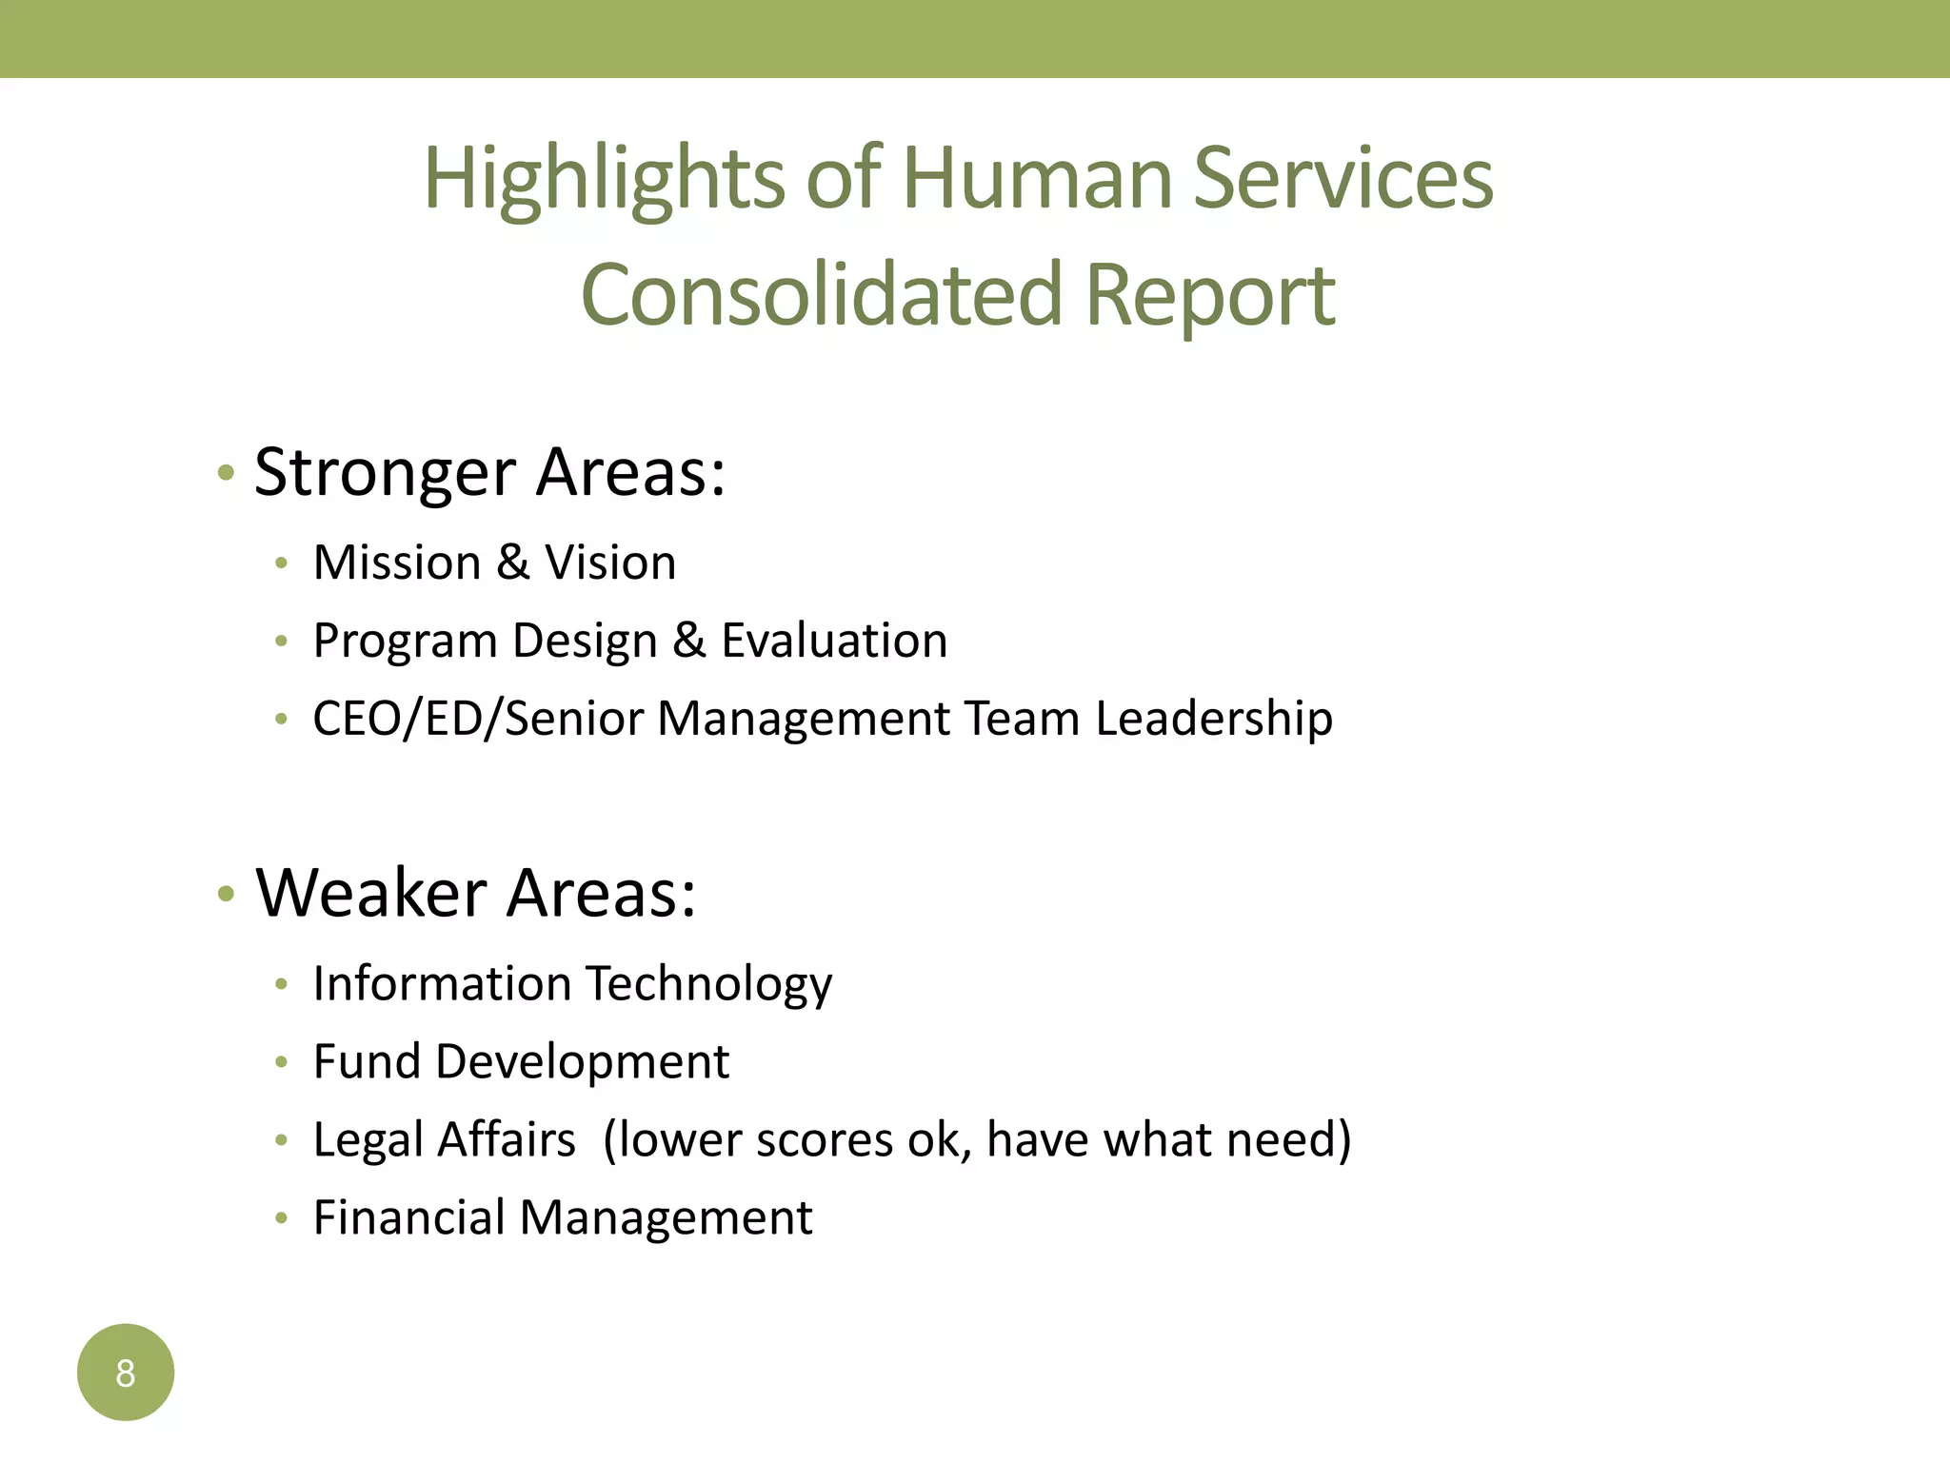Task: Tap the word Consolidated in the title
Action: tap(820, 295)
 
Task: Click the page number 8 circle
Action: tap(126, 1373)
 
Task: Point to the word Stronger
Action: tap(385, 473)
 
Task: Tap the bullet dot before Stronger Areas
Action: tap(226, 473)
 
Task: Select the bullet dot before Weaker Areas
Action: tap(226, 894)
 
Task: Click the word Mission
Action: tap(397, 563)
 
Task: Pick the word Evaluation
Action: tap(834, 641)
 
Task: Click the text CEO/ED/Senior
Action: tap(478, 719)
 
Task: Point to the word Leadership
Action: tap(1213, 719)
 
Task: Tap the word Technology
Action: tap(708, 984)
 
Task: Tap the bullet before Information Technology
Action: tap(281, 985)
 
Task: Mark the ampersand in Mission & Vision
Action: tap(512, 563)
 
